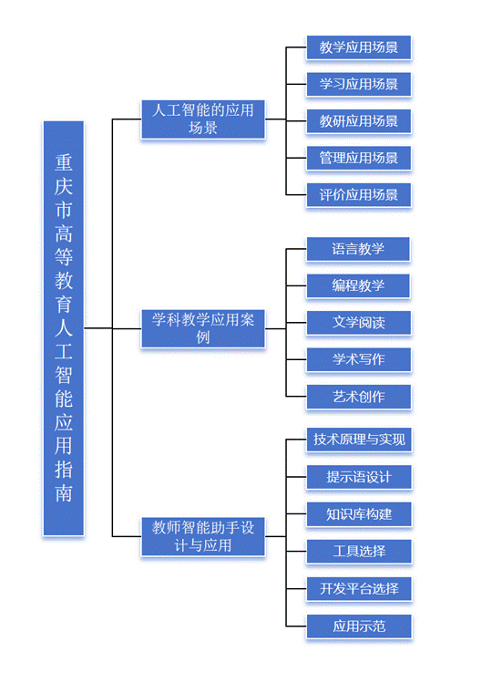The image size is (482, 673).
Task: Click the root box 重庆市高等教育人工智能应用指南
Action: coord(64,328)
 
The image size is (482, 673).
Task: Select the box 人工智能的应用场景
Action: coord(203,119)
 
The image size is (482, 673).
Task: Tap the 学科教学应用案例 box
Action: coord(203,328)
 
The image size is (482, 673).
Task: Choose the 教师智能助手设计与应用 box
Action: coord(203,536)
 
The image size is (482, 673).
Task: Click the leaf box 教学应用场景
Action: coord(358,47)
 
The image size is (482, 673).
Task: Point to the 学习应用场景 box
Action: coord(358,84)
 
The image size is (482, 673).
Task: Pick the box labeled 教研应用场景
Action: coord(358,121)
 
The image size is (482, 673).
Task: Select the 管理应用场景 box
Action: coord(358,158)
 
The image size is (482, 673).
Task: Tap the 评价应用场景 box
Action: coord(358,195)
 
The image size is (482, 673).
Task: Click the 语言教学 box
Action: coord(358,249)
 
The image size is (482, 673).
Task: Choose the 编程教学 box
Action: coord(358,285)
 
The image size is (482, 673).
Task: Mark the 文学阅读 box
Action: coord(358,322)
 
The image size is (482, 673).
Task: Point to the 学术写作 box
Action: coord(358,359)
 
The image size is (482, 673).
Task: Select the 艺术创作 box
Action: coord(358,397)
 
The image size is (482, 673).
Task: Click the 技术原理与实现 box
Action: coord(359,439)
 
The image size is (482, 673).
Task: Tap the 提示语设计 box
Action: coord(359,477)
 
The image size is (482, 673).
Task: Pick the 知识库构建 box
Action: coord(359,514)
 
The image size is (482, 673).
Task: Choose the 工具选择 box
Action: coord(359,551)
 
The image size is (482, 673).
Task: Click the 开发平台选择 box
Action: coord(359,588)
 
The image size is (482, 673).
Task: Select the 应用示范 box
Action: coord(359,626)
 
